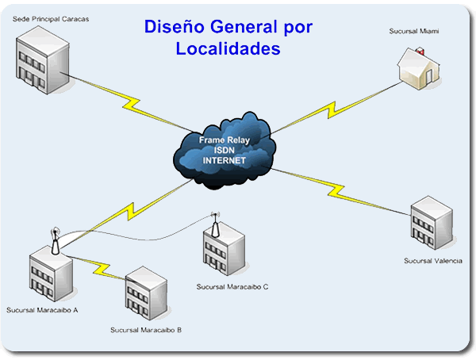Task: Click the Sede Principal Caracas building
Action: [43, 59]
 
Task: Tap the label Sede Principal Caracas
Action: [51, 19]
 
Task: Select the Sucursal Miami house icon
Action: [419, 69]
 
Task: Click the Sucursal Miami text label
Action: [414, 31]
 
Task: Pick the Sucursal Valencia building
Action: [432, 223]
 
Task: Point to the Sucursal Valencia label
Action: [433, 261]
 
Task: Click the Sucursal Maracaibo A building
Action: [51, 274]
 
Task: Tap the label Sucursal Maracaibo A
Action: [42, 310]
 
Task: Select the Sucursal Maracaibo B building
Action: [146, 293]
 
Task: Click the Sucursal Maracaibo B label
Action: [146, 330]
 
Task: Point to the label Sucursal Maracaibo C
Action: [232, 287]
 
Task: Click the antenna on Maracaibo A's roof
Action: [55, 241]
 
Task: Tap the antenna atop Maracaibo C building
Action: [215, 224]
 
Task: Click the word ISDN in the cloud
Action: [224, 150]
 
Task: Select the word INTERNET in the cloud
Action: [224, 160]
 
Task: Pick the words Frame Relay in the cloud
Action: [224, 140]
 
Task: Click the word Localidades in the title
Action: [228, 48]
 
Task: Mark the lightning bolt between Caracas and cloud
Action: [130, 103]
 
